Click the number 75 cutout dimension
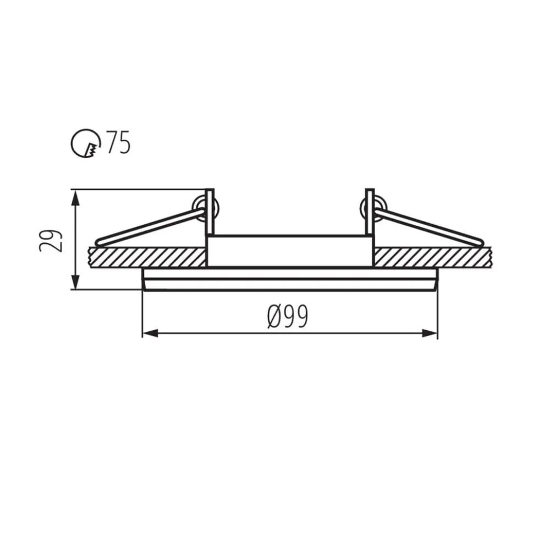tap(119, 142)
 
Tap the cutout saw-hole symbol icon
tap(86, 144)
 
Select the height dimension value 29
tap(51, 241)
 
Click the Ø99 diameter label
tap(288, 316)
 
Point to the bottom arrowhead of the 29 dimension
tap(76, 281)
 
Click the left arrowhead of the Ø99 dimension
tap(150, 333)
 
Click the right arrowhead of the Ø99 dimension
tap(430, 333)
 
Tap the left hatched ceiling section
tap(147, 257)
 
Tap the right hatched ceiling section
tap(433, 257)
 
